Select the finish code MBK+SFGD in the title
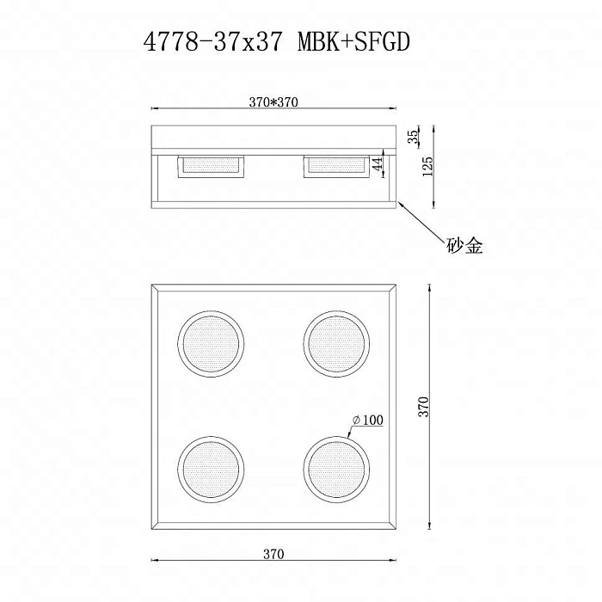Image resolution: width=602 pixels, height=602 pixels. pyautogui.click(x=349, y=44)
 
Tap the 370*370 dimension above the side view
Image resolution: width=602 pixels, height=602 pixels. pyautogui.click(x=273, y=101)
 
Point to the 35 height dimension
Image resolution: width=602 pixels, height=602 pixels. pyautogui.click(x=414, y=136)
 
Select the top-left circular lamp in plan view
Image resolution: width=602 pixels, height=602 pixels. pyautogui.click(x=211, y=341)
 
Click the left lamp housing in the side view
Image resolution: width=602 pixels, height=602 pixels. pyautogui.click(x=211, y=166)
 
